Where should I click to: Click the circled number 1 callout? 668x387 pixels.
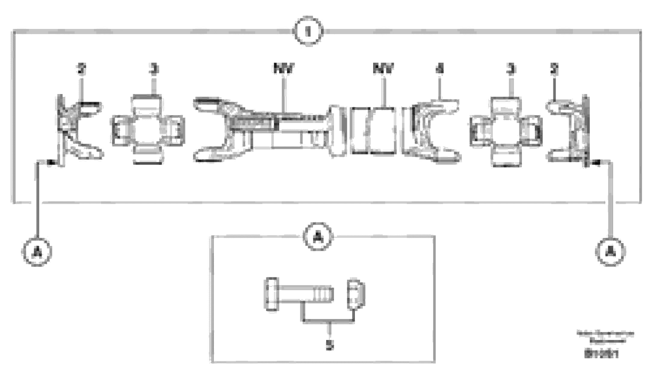pyautogui.click(x=308, y=31)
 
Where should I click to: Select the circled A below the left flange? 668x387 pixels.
pyautogui.click(x=37, y=252)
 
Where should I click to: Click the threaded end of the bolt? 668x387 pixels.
pyautogui.click(x=323, y=294)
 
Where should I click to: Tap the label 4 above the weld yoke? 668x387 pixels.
pyautogui.click(x=440, y=69)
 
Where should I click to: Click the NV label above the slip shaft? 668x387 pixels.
pyautogui.click(x=284, y=69)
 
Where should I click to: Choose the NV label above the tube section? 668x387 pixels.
pyautogui.click(x=383, y=69)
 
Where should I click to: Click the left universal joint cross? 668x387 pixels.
pyautogui.click(x=148, y=130)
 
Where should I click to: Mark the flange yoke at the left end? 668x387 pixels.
pyautogui.click(x=77, y=131)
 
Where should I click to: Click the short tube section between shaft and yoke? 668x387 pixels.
pyautogui.click(x=373, y=131)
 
